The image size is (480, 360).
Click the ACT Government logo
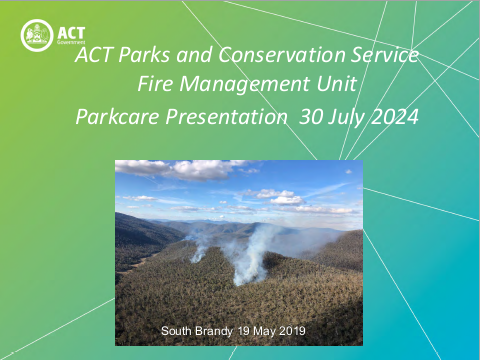pyautogui.click(x=49, y=35)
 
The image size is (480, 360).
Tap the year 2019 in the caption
pyautogui.click(x=290, y=330)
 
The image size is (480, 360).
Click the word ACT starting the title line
pyautogui.click(x=96, y=56)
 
